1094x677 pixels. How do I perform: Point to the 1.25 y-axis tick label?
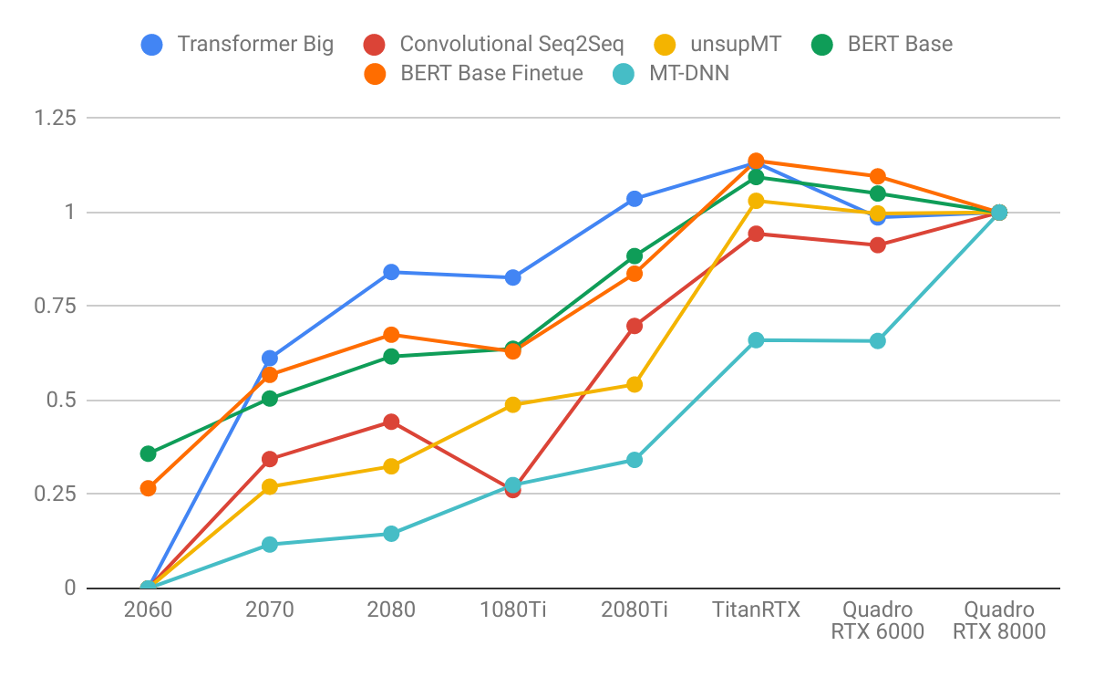55,118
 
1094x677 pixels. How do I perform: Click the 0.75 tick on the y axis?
55,306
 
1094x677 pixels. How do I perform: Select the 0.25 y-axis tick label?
55,494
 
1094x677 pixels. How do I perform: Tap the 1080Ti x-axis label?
512,610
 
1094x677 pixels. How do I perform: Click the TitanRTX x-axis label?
756,610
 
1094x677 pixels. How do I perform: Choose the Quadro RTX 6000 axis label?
877,620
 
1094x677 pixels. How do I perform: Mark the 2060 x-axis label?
148,610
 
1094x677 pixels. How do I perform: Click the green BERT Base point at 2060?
148,453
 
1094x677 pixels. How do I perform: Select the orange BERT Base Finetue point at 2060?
148,488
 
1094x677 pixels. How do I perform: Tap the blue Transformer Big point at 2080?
391,272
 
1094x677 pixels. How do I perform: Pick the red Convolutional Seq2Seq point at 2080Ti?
635,326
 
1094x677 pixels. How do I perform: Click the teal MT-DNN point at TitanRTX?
756,340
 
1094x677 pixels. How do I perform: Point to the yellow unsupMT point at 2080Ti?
635,384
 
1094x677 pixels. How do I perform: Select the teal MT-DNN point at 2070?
270,545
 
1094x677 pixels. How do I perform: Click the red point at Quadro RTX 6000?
877,245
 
